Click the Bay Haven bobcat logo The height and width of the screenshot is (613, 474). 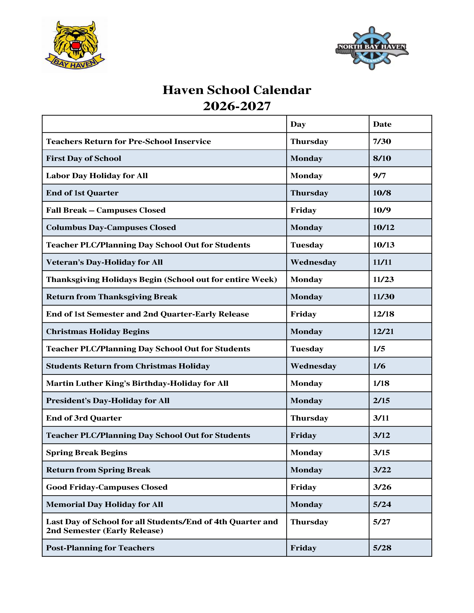tap(75, 45)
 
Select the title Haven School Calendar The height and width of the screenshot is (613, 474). tap(237, 90)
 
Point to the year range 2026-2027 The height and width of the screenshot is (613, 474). tap(237, 106)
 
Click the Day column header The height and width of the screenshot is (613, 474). tap(298, 124)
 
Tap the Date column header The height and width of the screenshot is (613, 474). tap(382, 124)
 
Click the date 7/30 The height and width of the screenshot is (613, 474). tap(382, 141)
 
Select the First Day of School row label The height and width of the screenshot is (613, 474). tap(84, 158)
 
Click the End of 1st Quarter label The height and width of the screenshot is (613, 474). tap(82, 193)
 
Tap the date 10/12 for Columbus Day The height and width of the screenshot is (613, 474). tap(384, 227)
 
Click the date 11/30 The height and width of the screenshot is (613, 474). tap(384, 297)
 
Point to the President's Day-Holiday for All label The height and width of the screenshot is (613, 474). tap(108, 400)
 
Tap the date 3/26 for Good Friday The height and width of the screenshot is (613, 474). tap(382, 487)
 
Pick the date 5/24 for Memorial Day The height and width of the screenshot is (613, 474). tap(382, 504)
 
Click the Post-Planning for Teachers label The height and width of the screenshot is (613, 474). tap(100, 548)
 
